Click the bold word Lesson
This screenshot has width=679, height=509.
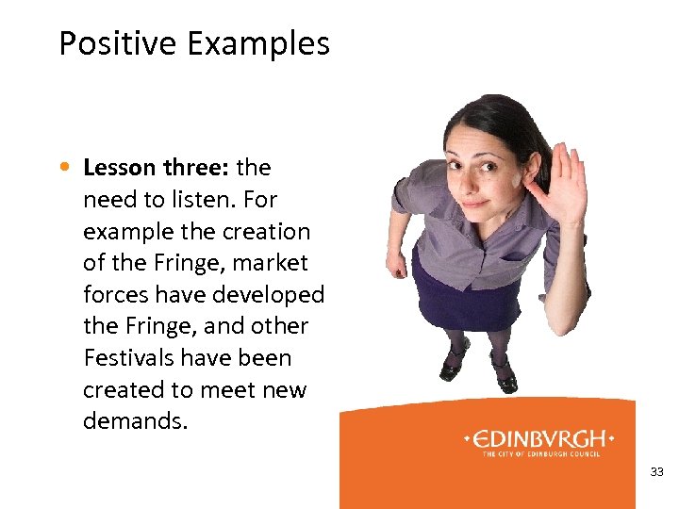(x=119, y=168)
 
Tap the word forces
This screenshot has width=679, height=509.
(x=116, y=295)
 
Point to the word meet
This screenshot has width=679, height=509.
(x=229, y=390)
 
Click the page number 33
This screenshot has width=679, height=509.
(x=657, y=471)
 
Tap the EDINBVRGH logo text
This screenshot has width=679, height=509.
(x=539, y=439)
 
